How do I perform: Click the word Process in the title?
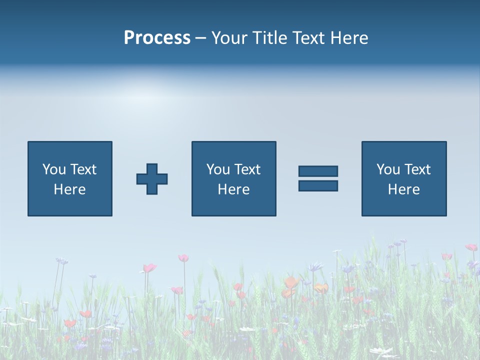click(157, 38)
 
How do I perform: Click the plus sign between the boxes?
click(152, 179)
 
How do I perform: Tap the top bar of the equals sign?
click(318, 171)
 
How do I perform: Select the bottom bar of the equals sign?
click(318, 185)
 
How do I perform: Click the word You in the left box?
click(54, 169)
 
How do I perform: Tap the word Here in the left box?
click(69, 189)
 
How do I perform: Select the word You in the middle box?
click(218, 169)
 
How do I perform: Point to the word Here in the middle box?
click(233, 189)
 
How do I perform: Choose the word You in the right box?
click(388, 169)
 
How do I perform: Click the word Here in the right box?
click(403, 189)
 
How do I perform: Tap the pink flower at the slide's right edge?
click(471, 247)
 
